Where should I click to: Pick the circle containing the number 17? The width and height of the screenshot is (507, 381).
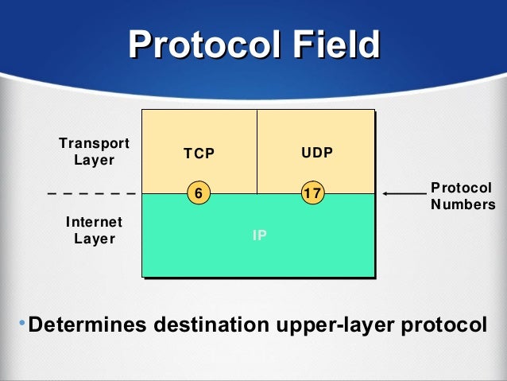click(315, 193)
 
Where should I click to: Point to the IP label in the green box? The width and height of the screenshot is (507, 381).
click(259, 235)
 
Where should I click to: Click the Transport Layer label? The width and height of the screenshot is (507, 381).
click(95, 151)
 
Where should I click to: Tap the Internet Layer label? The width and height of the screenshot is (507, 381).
click(95, 230)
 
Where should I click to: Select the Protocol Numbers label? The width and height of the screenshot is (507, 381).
click(460, 196)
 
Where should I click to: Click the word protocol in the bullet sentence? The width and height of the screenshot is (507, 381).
click(440, 326)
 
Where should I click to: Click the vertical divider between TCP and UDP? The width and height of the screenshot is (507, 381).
click(257, 151)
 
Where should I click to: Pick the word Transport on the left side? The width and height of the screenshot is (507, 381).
click(95, 143)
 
